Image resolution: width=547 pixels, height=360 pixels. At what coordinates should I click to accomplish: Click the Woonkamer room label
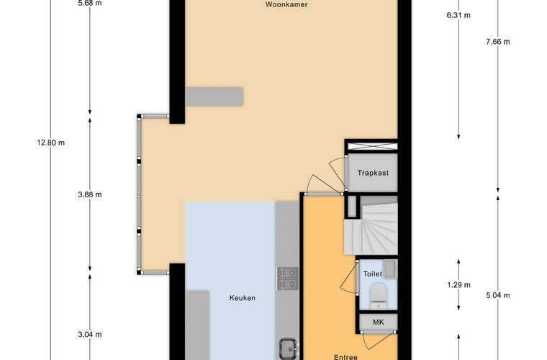[286, 5]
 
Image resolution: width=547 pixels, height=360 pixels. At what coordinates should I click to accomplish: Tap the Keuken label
[242, 298]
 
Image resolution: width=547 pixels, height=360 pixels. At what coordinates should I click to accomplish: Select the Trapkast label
[373, 173]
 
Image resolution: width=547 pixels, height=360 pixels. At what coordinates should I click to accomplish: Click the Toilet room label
[372, 274]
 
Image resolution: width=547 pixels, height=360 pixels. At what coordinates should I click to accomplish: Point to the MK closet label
[378, 322]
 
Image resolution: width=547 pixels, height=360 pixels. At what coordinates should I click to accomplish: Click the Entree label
[345, 357]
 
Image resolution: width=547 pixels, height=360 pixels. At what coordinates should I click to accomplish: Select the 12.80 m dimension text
[51, 143]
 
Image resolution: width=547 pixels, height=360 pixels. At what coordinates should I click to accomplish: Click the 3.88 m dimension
[90, 194]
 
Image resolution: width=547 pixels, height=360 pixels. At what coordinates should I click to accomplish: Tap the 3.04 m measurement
[90, 335]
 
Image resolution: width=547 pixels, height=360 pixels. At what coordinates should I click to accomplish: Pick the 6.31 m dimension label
[458, 15]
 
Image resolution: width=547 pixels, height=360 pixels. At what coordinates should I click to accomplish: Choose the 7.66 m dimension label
[498, 42]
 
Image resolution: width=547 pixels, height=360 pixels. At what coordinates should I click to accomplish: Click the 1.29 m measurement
[458, 285]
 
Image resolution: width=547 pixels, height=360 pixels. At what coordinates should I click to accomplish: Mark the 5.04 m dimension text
[498, 295]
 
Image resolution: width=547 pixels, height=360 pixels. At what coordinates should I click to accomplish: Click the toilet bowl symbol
[378, 296]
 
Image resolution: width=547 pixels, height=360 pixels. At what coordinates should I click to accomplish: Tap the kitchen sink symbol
[289, 348]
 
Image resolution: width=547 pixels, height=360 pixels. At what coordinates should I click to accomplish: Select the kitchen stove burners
[288, 279]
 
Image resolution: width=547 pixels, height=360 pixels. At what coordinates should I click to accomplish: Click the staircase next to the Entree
[371, 225]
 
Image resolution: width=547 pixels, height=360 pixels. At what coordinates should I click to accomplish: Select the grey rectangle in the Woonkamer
[214, 96]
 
